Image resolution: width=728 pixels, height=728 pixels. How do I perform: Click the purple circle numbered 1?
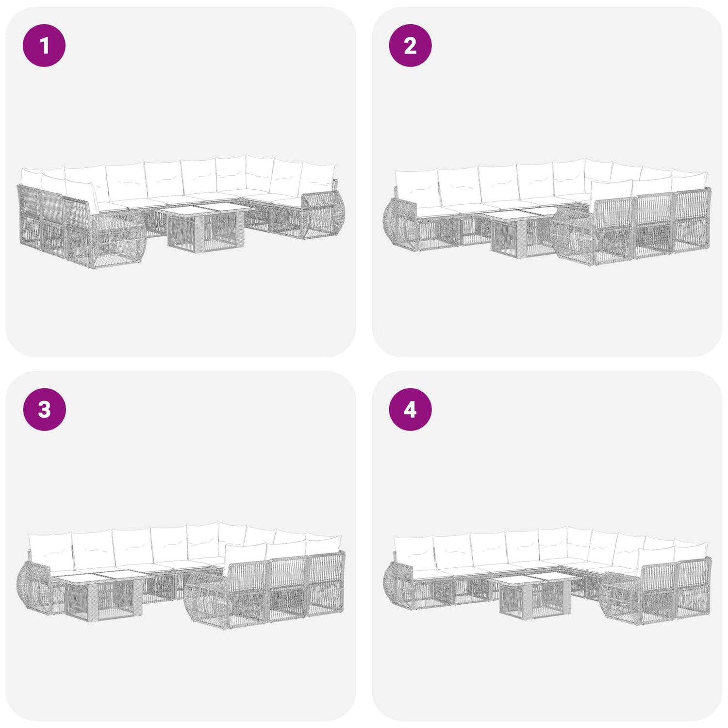(x=44, y=46)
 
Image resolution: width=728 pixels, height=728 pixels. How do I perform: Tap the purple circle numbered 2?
(x=410, y=46)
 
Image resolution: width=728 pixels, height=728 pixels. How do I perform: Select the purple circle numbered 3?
(x=44, y=409)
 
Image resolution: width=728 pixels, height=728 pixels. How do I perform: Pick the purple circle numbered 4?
(x=410, y=409)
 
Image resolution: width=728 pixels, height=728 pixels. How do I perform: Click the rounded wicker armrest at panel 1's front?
(x=119, y=240)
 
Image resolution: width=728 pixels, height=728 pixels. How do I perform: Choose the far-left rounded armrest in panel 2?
(x=400, y=225)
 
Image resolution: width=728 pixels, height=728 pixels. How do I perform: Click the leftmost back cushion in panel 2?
(x=416, y=188)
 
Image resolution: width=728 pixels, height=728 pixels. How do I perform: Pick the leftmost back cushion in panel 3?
(x=50, y=552)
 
